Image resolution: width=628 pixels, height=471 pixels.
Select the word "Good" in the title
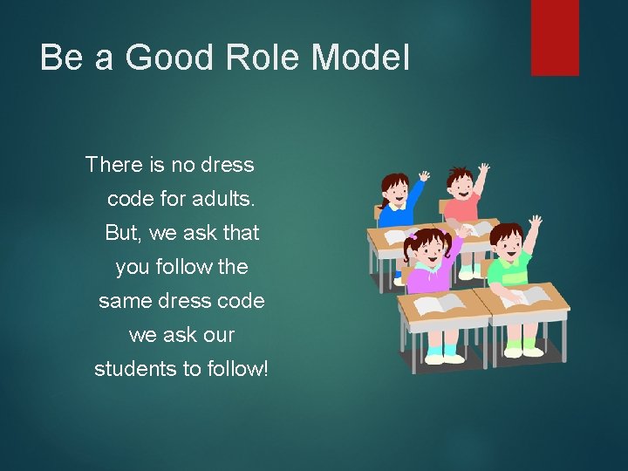pyautogui.click(x=180, y=58)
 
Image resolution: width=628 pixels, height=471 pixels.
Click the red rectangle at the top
pyautogui.click(x=555, y=38)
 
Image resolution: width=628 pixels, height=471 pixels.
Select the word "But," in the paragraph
pyautogui.click(x=123, y=233)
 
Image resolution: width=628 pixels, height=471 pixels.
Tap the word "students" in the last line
pyautogui.click(x=136, y=369)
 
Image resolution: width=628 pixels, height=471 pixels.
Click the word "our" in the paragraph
pyautogui.click(x=217, y=335)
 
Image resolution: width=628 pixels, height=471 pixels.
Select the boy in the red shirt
pyautogui.click(x=461, y=196)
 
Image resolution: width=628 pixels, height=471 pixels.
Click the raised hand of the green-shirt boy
pyautogui.click(x=536, y=222)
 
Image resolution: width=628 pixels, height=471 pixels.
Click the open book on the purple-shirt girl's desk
pyautogui.click(x=441, y=304)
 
